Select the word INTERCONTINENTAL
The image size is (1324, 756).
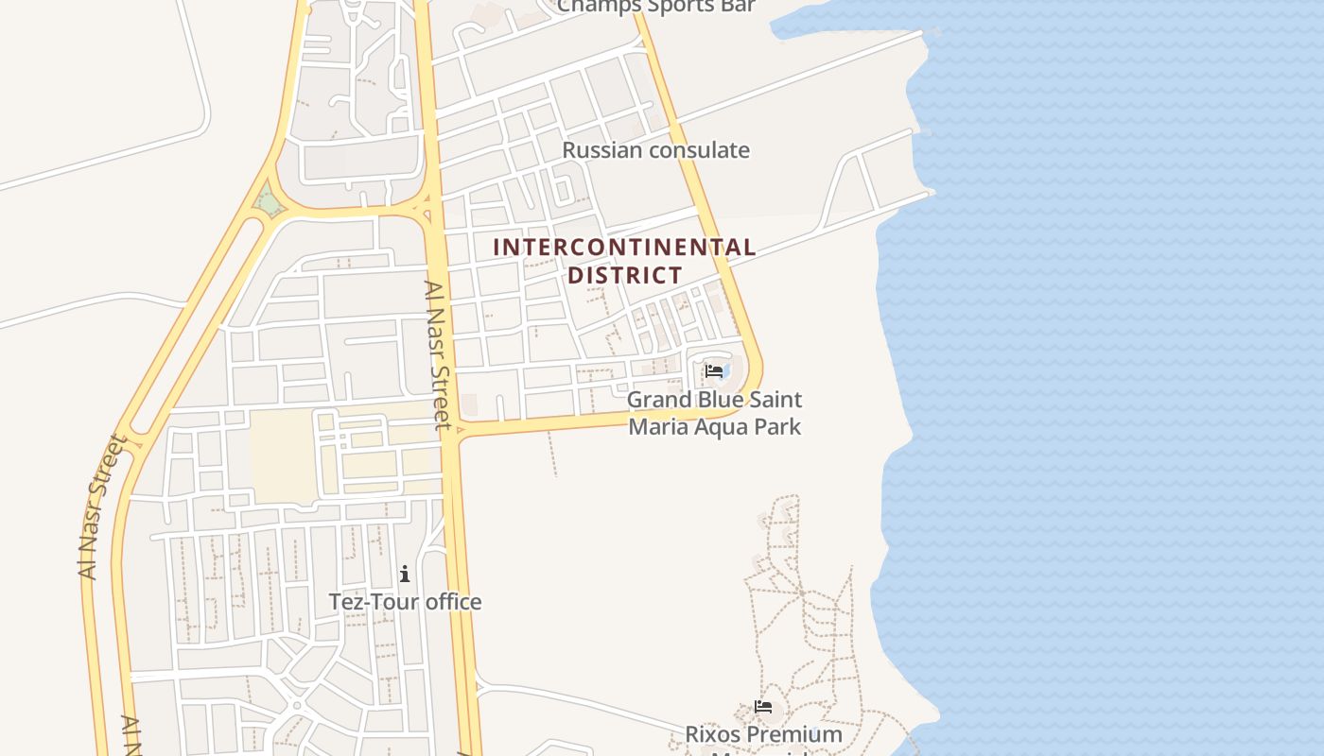pyautogui.click(x=624, y=248)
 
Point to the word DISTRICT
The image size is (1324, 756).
pyautogui.click(x=624, y=275)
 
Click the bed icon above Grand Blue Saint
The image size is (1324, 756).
pyautogui.click(x=714, y=371)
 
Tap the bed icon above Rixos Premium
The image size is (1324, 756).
pyautogui.click(x=763, y=706)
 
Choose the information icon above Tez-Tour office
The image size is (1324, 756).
pyautogui.click(x=405, y=574)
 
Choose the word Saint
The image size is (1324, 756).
pyautogui.click(x=776, y=401)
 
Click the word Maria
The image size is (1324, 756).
pyautogui.click(x=658, y=426)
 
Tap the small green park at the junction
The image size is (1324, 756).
pyautogui.click(x=269, y=202)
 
